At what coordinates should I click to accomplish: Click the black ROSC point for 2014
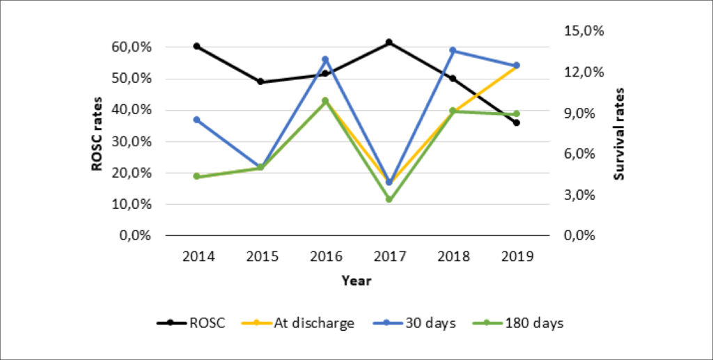pos(197,47)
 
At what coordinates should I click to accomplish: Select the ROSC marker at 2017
pos(389,42)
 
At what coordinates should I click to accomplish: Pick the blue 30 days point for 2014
pos(197,120)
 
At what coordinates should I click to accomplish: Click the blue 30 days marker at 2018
pos(453,50)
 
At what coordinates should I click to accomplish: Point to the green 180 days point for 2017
pos(389,199)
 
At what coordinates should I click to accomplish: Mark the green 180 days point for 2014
pos(197,176)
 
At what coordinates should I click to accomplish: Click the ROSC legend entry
pos(191,323)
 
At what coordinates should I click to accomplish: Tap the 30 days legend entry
pos(413,323)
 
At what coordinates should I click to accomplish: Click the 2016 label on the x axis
pos(325,257)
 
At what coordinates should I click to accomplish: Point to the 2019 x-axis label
pos(517,257)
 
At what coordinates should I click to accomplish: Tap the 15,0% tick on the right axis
pos(584,31)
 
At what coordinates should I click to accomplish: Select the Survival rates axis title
pos(619,134)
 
